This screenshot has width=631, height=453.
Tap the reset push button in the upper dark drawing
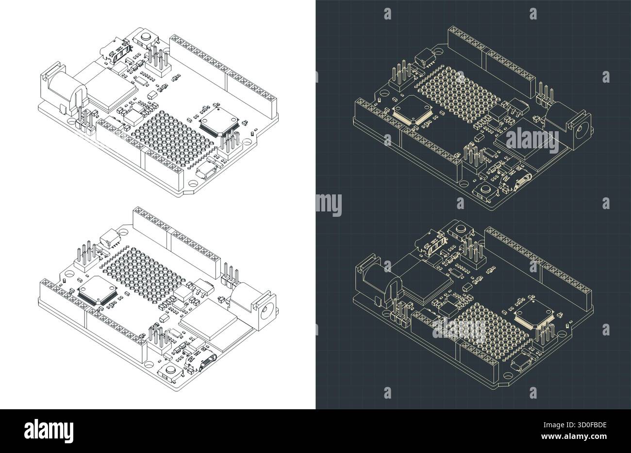point(485,192)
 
